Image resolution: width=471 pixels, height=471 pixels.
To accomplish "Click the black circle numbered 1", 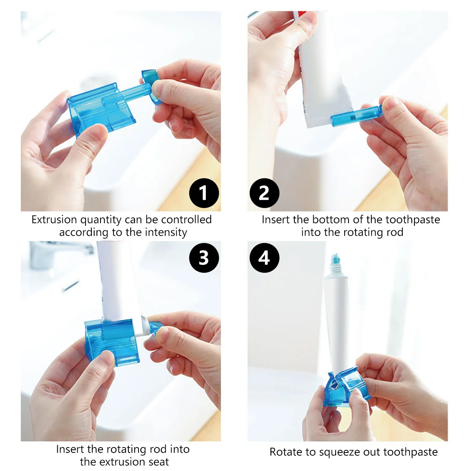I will pyautogui.click(x=204, y=193).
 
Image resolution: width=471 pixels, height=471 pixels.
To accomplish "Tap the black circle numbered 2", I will pyautogui.click(x=264, y=193).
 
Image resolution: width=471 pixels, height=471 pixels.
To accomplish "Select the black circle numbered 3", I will pyautogui.click(x=204, y=258).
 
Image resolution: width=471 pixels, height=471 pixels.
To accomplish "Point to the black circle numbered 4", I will pyautogui.click(x=264, y=258).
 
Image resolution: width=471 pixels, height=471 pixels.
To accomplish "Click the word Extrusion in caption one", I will pyautogui.click(x=54, y=219).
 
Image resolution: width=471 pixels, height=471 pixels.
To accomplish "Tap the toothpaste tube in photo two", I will pyautogui.click(x=322, y=71).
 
